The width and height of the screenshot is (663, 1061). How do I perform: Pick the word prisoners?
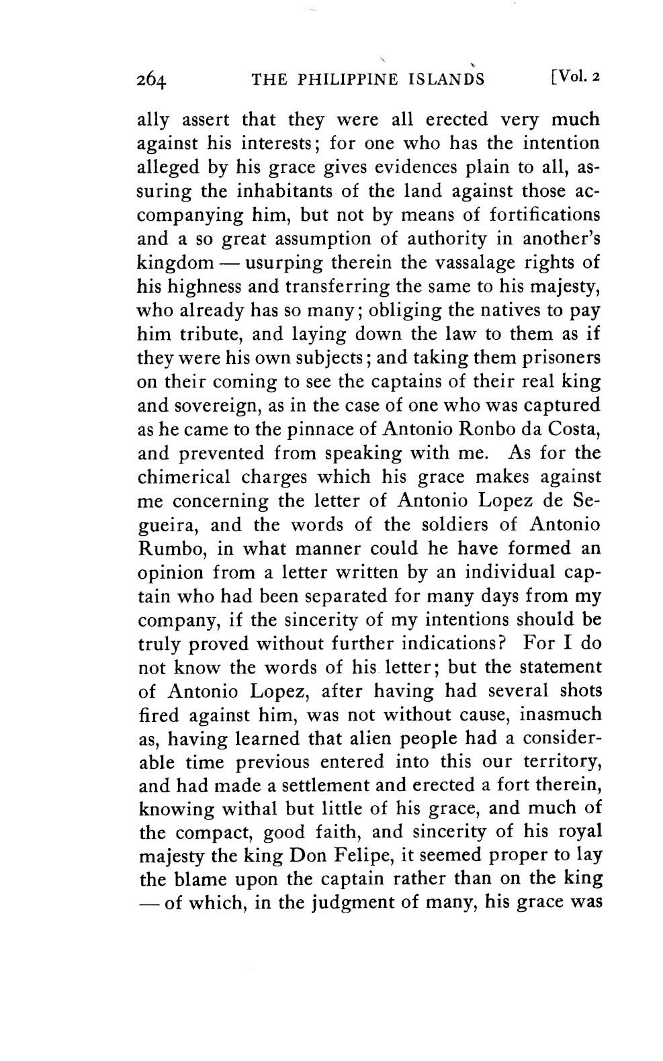click(554, 358)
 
